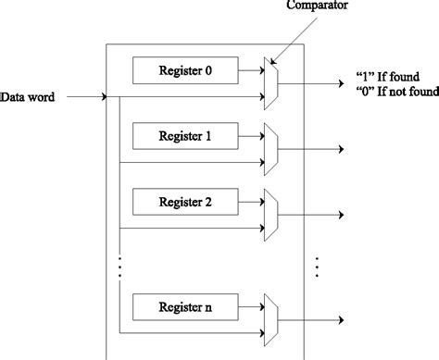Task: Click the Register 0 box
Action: click(185, 68)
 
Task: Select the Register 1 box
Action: click(185, 136)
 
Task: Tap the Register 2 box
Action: click(185, 201)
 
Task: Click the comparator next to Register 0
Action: click(270, 81)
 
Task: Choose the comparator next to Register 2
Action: click(270, 214)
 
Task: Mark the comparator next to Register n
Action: click(270, 317)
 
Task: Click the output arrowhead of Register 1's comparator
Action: click(342, 149)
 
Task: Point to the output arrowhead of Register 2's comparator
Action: click(342, 214)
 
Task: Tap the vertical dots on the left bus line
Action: click(119, 265)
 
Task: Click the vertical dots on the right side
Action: click(319, 265)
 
